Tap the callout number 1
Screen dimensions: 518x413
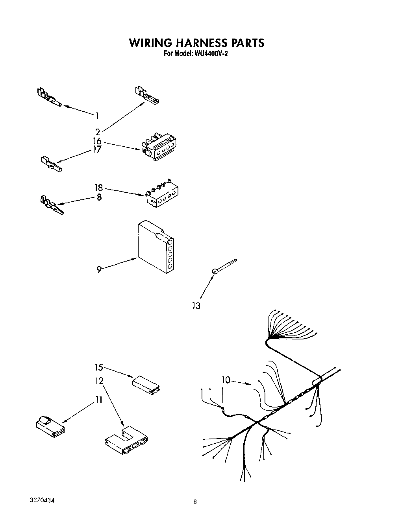(97, 116)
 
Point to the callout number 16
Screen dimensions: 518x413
(97, 141)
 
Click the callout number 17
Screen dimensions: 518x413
(97, 149)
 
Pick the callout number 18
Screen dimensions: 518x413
(98, 188)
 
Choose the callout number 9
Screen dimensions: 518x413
(99, 269)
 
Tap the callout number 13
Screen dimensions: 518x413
(196, 306)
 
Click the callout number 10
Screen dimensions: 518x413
(226, 380)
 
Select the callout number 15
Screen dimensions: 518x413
(98, 367)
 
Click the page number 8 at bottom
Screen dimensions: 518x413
(195, 502)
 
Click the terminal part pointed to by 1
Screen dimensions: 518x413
(49, 98)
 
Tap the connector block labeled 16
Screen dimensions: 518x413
(159, 146)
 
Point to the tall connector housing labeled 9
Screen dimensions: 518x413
(155, 247)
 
